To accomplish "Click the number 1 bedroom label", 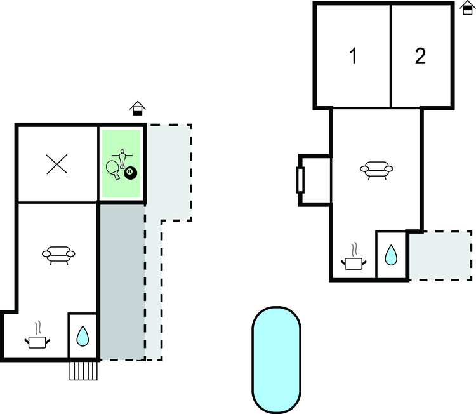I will coord(353,57).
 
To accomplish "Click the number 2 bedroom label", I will coord(420,57).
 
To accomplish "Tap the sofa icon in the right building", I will coord(376,169).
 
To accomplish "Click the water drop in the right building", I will coord(391,255).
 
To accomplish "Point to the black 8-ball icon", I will coord(130,172).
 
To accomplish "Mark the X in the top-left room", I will coord(57,164).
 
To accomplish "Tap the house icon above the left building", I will coord(136,109).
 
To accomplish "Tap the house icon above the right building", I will coord(466,8).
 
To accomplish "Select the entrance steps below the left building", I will coord(83,370).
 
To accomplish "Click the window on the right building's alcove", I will coord(301,180).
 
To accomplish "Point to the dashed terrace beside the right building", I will coord(439,255).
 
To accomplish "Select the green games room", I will coord(122,164).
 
